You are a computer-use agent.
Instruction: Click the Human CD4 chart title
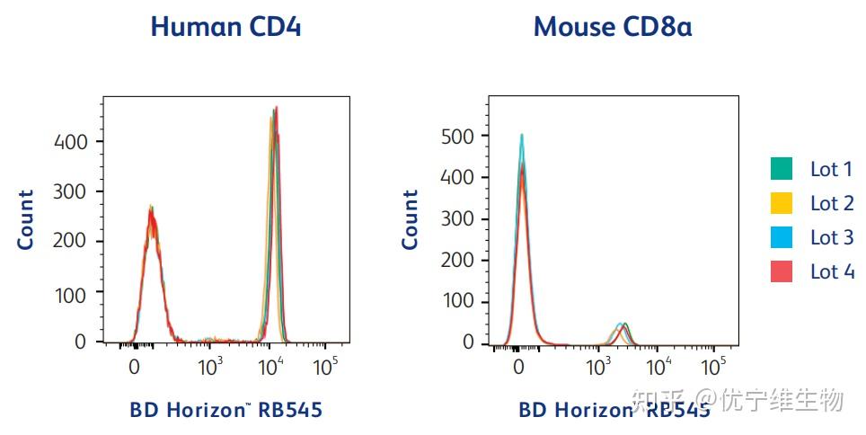[225, 26]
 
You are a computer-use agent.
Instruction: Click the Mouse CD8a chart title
[613, 26]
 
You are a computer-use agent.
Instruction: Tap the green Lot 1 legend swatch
[782, 169]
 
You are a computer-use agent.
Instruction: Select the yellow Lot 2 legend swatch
[782, 203]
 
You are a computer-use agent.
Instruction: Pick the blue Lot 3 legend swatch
[782, 237]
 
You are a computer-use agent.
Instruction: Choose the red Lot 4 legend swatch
[782, 271]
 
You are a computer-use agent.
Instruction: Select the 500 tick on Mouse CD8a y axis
[458, 136]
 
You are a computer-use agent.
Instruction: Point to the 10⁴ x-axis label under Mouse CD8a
[659, 366]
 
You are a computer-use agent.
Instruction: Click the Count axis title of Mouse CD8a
[411, 219]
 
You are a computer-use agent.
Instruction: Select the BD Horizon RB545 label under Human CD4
[225, 411]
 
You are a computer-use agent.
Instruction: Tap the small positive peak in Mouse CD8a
[621, 327]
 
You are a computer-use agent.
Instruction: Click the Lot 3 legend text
[832, 237]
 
